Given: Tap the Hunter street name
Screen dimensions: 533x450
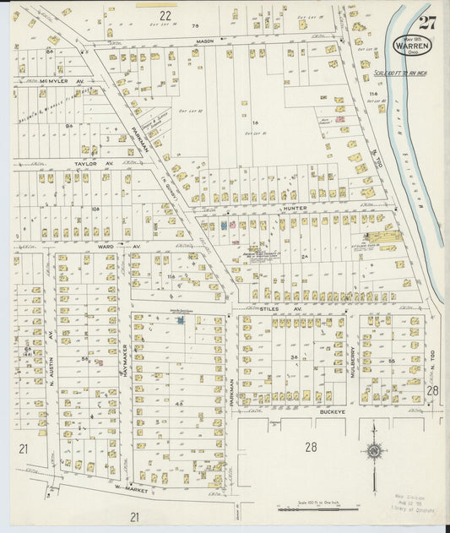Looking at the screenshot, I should [294, 206].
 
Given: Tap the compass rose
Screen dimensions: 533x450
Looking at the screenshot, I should [374, 450].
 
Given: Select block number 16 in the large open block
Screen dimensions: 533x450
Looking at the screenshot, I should [254, 123].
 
